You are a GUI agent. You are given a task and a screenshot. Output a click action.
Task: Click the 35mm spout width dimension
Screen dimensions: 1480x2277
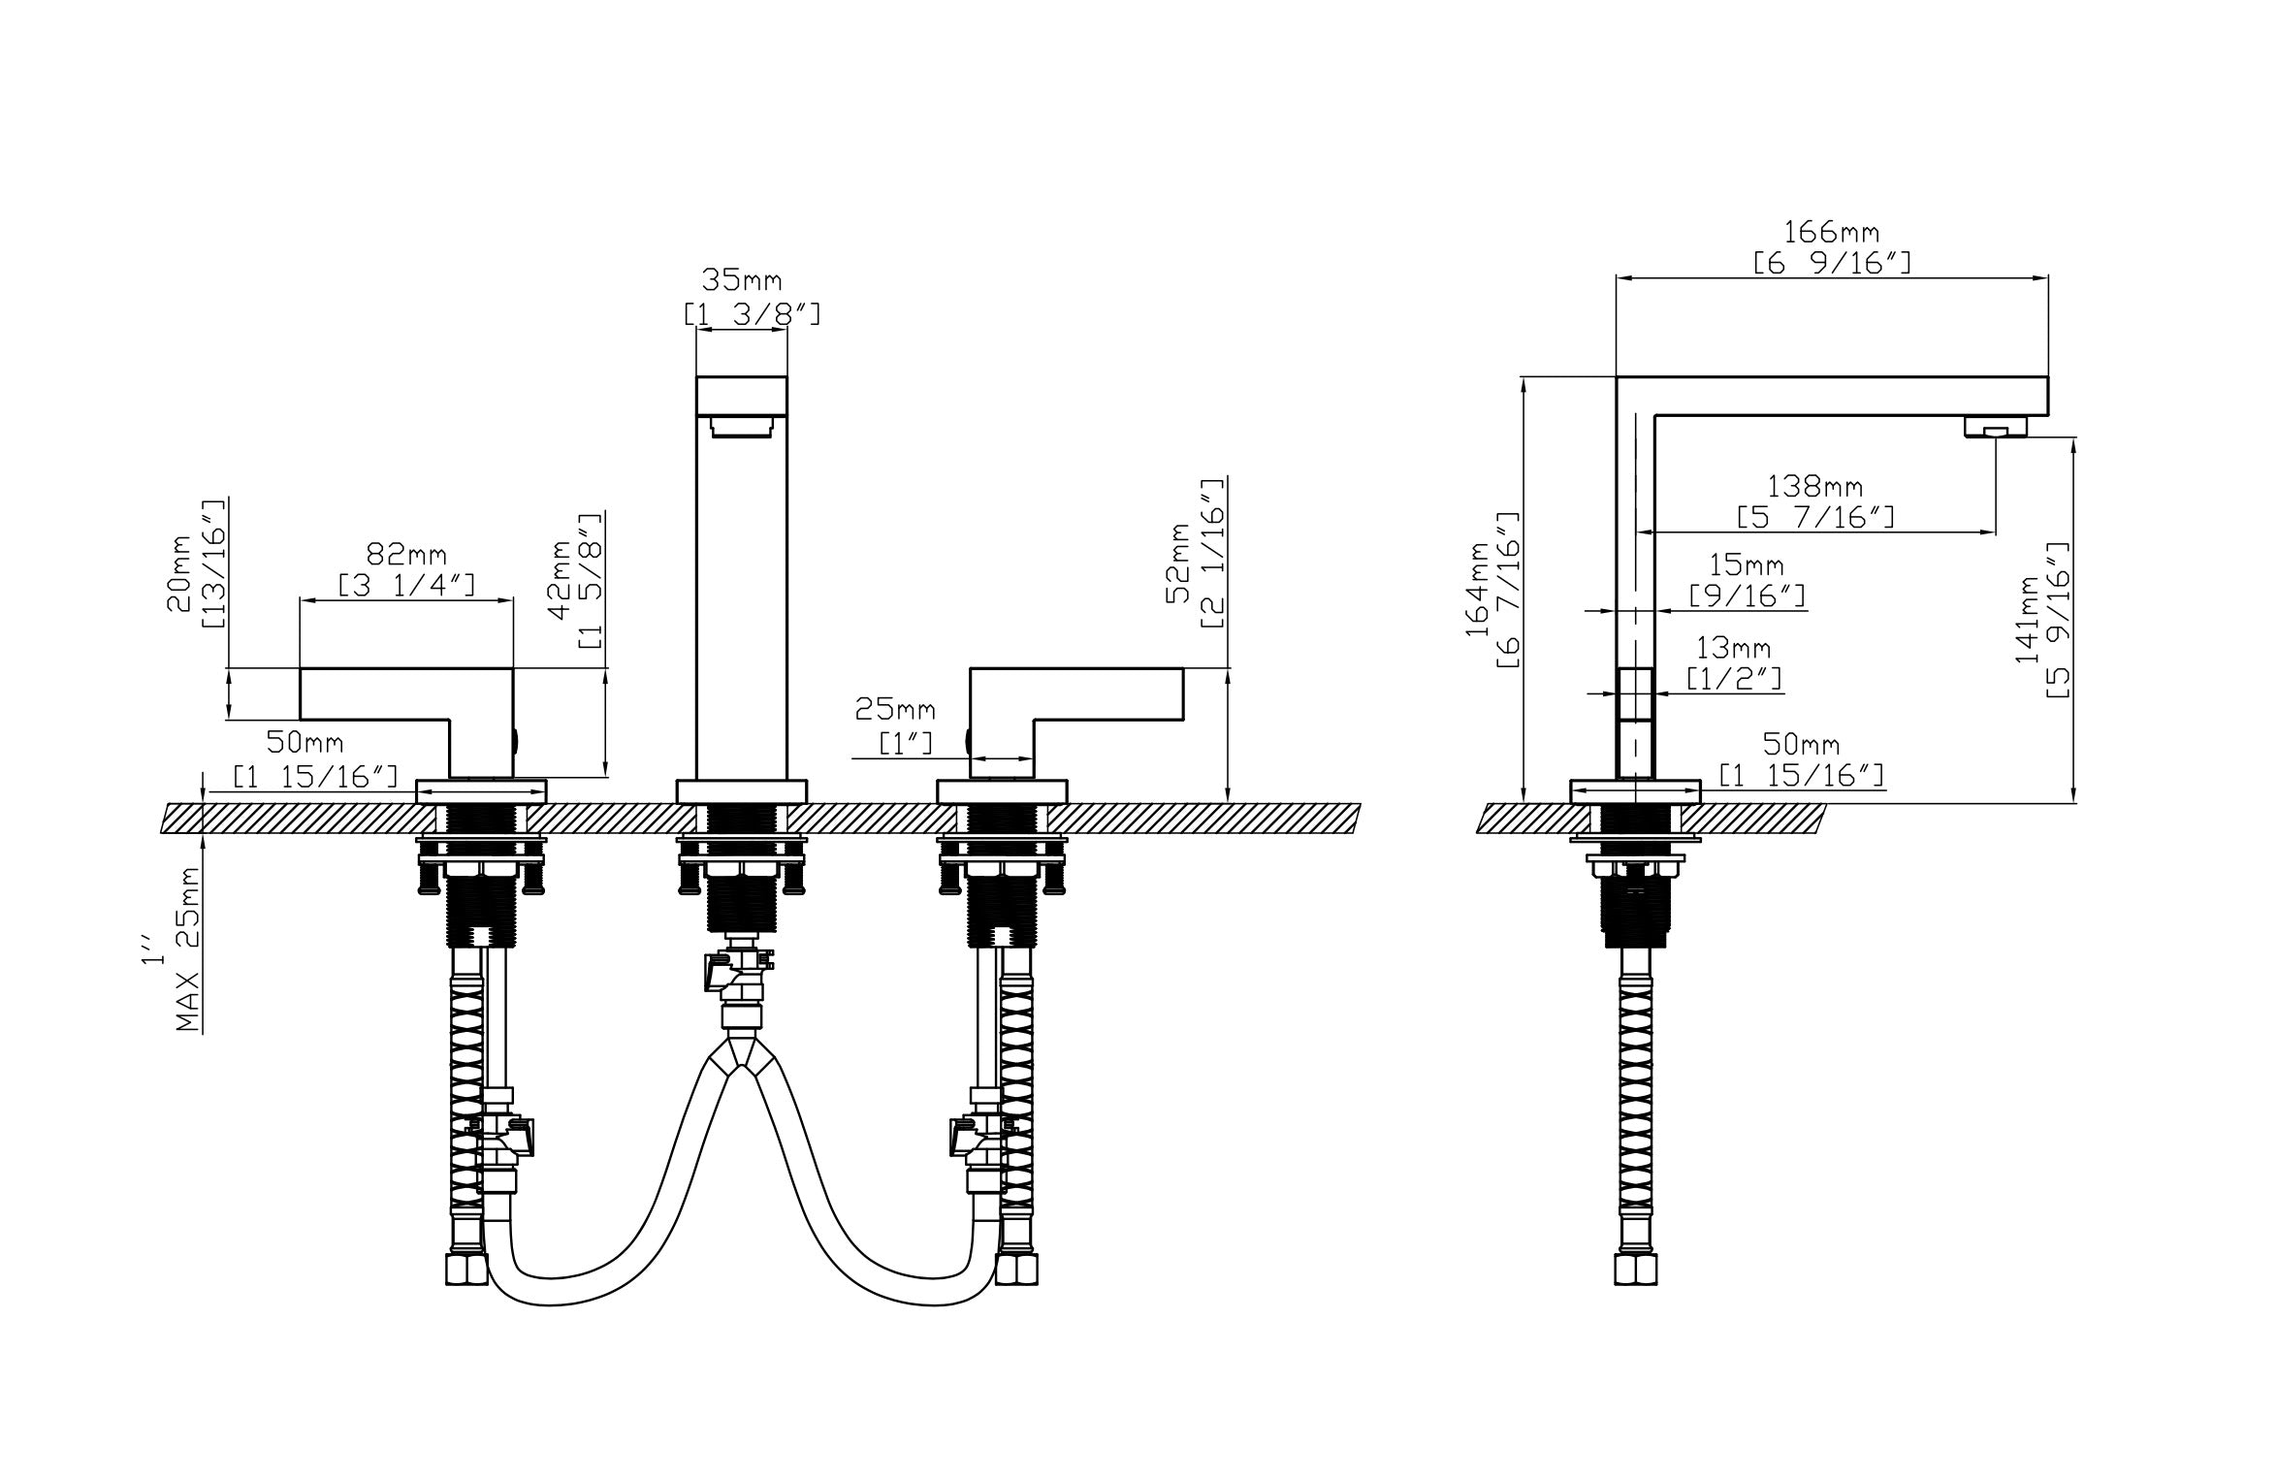742,281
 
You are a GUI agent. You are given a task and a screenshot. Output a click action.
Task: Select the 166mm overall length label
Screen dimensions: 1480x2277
1831,233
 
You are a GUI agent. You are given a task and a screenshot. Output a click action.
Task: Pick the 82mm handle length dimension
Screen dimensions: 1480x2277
406,555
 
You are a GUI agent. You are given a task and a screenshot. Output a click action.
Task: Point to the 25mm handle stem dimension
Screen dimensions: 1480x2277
894,711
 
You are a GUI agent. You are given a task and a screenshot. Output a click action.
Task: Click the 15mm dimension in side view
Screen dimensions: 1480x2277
1746,564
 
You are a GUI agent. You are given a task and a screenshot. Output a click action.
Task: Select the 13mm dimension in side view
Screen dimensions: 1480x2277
1733,647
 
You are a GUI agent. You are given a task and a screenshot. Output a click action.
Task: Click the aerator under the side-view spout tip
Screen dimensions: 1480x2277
1995,427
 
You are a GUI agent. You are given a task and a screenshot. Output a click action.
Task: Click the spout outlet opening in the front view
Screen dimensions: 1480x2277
742,427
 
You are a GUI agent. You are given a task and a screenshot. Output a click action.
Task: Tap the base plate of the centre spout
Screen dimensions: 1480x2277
742,791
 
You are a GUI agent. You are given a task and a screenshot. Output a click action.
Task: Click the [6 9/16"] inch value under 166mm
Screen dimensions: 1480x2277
1831,264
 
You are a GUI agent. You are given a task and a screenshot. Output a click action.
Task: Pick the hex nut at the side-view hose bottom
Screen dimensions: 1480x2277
1635,1270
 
